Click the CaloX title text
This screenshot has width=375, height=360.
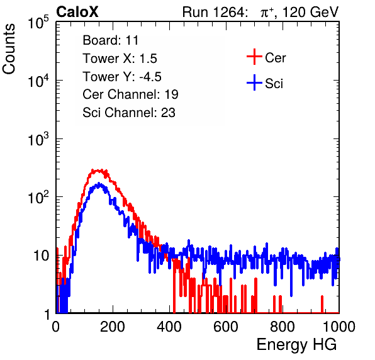point(77,11)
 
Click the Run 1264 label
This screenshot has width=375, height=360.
point(214,12)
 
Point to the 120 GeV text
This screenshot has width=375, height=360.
point(310,12)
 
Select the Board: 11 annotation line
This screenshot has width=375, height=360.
point(111,40)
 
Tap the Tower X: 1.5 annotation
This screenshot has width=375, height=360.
point(120,59)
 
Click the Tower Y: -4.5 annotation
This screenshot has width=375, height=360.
point(122,77)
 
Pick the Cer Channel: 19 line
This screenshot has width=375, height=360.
point(130,94)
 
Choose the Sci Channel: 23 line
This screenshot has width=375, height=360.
point(129,113)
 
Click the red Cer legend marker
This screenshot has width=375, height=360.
point(254,57)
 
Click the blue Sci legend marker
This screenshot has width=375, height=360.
point(254,82)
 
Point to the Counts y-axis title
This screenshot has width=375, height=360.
point(9,49)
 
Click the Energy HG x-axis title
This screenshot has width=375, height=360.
point(296,345)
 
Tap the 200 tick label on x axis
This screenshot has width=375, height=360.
point(113,327)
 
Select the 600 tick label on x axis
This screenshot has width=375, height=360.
point(226,327)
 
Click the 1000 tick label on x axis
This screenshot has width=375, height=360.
point(339,327)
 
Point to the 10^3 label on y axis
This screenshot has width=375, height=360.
point(38,139)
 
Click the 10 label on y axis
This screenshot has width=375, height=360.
point(41,256)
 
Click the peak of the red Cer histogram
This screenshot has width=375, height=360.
point(98,171)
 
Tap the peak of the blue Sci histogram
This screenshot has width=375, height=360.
point(99,184)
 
